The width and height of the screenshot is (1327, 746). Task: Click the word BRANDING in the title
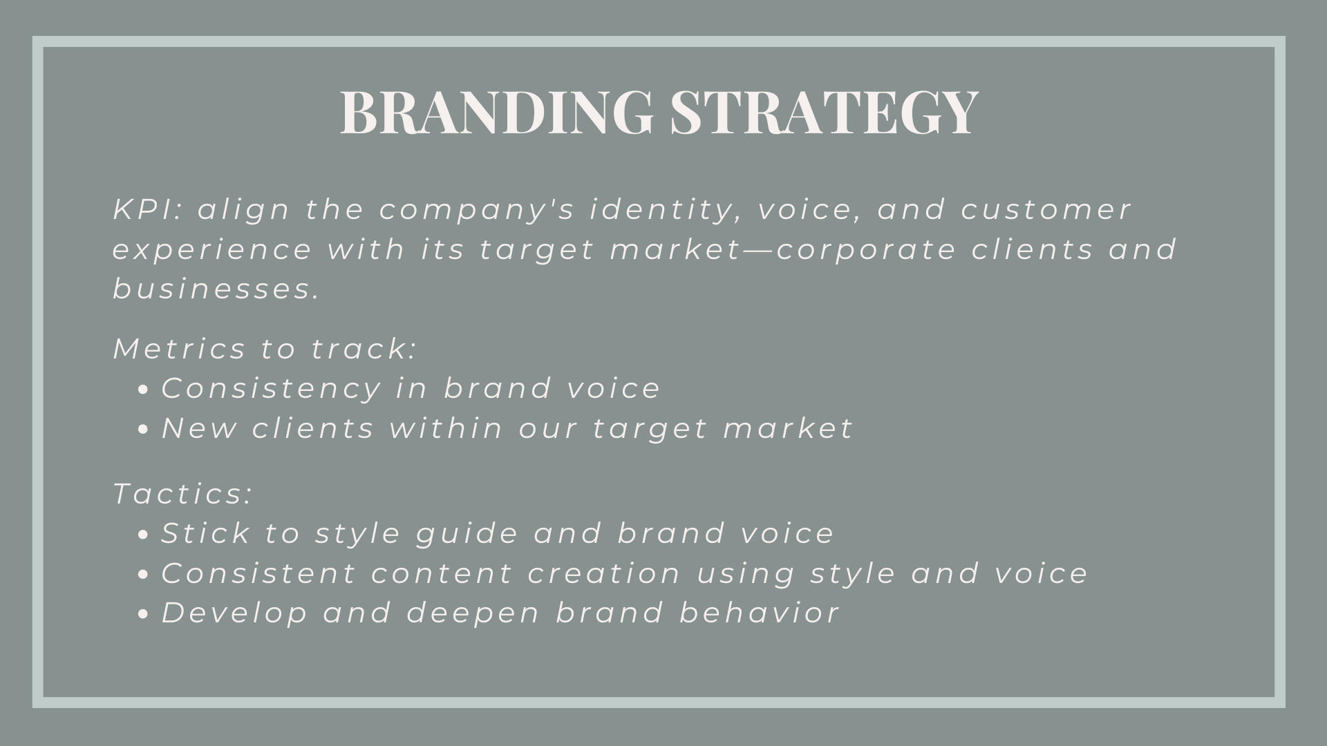tap(497, 111)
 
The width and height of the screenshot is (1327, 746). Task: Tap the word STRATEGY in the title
tap(825, 111)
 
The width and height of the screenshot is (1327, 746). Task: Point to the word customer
tap(1046, 210)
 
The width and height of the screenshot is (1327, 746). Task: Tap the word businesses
tap(216, 289)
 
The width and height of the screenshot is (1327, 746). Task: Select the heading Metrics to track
tap(265, 349)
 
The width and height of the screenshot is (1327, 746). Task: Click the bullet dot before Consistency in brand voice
tap(143, 390)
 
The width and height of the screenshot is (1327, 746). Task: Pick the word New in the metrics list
tap(199, 429)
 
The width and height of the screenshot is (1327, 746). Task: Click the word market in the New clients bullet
tap(788, 429)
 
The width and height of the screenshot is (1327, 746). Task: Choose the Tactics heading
tap(183, 495)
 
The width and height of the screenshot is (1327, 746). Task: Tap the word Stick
tap(205, 533)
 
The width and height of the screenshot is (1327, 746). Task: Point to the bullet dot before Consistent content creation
tap(143, 575)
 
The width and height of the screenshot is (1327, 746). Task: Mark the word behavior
tap(760, 613)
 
